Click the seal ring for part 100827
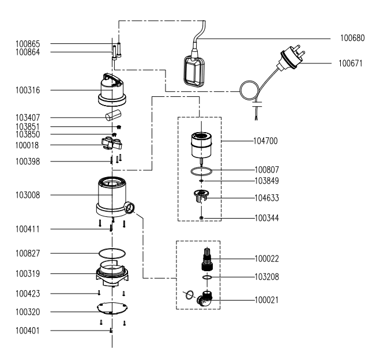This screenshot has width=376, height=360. (111, 253)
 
